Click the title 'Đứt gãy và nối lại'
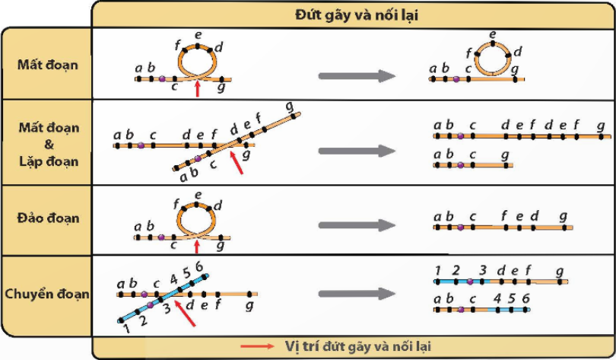tap(357, 15)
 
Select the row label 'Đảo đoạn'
tap(48, 218)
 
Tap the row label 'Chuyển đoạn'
tap(46, 294)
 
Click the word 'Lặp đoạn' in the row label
tap(49, 161)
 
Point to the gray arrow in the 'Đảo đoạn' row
tap(357, 225)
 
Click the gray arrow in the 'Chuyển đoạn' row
tap(357, 294)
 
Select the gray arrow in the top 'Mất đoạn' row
tap(357, 76)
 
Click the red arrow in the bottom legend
tap(257, 346)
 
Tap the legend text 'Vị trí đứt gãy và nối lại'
tap(357, 346)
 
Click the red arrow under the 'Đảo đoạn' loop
tap(197, 247)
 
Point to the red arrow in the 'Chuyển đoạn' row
tap(185, 314)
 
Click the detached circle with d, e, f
tap(493, 59)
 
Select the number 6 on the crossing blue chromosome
tap(199, 267)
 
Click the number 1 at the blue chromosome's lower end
tap(126, 328)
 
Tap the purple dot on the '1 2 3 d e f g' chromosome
tap(470, 282)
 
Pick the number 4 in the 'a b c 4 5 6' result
tap(497, 298)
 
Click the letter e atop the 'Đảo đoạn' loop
tap(198, 195)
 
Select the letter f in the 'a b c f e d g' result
tap(504, 215)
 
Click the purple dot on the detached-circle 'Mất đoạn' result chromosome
tap(456, 79)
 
